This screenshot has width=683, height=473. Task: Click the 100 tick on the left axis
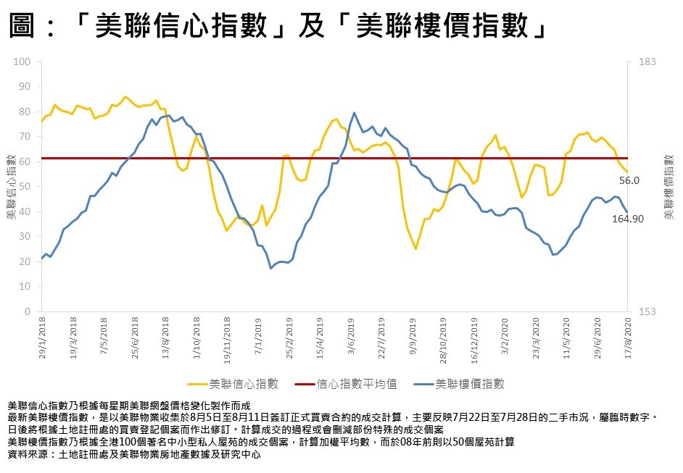(24, 62)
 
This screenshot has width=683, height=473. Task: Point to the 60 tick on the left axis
(26, 162)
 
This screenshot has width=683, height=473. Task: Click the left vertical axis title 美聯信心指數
(11, 186)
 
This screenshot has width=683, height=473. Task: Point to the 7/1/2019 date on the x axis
(260, 338)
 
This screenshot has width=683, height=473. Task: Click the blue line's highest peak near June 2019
(354, 113)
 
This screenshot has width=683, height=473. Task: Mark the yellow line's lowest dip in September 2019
(415, 248)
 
